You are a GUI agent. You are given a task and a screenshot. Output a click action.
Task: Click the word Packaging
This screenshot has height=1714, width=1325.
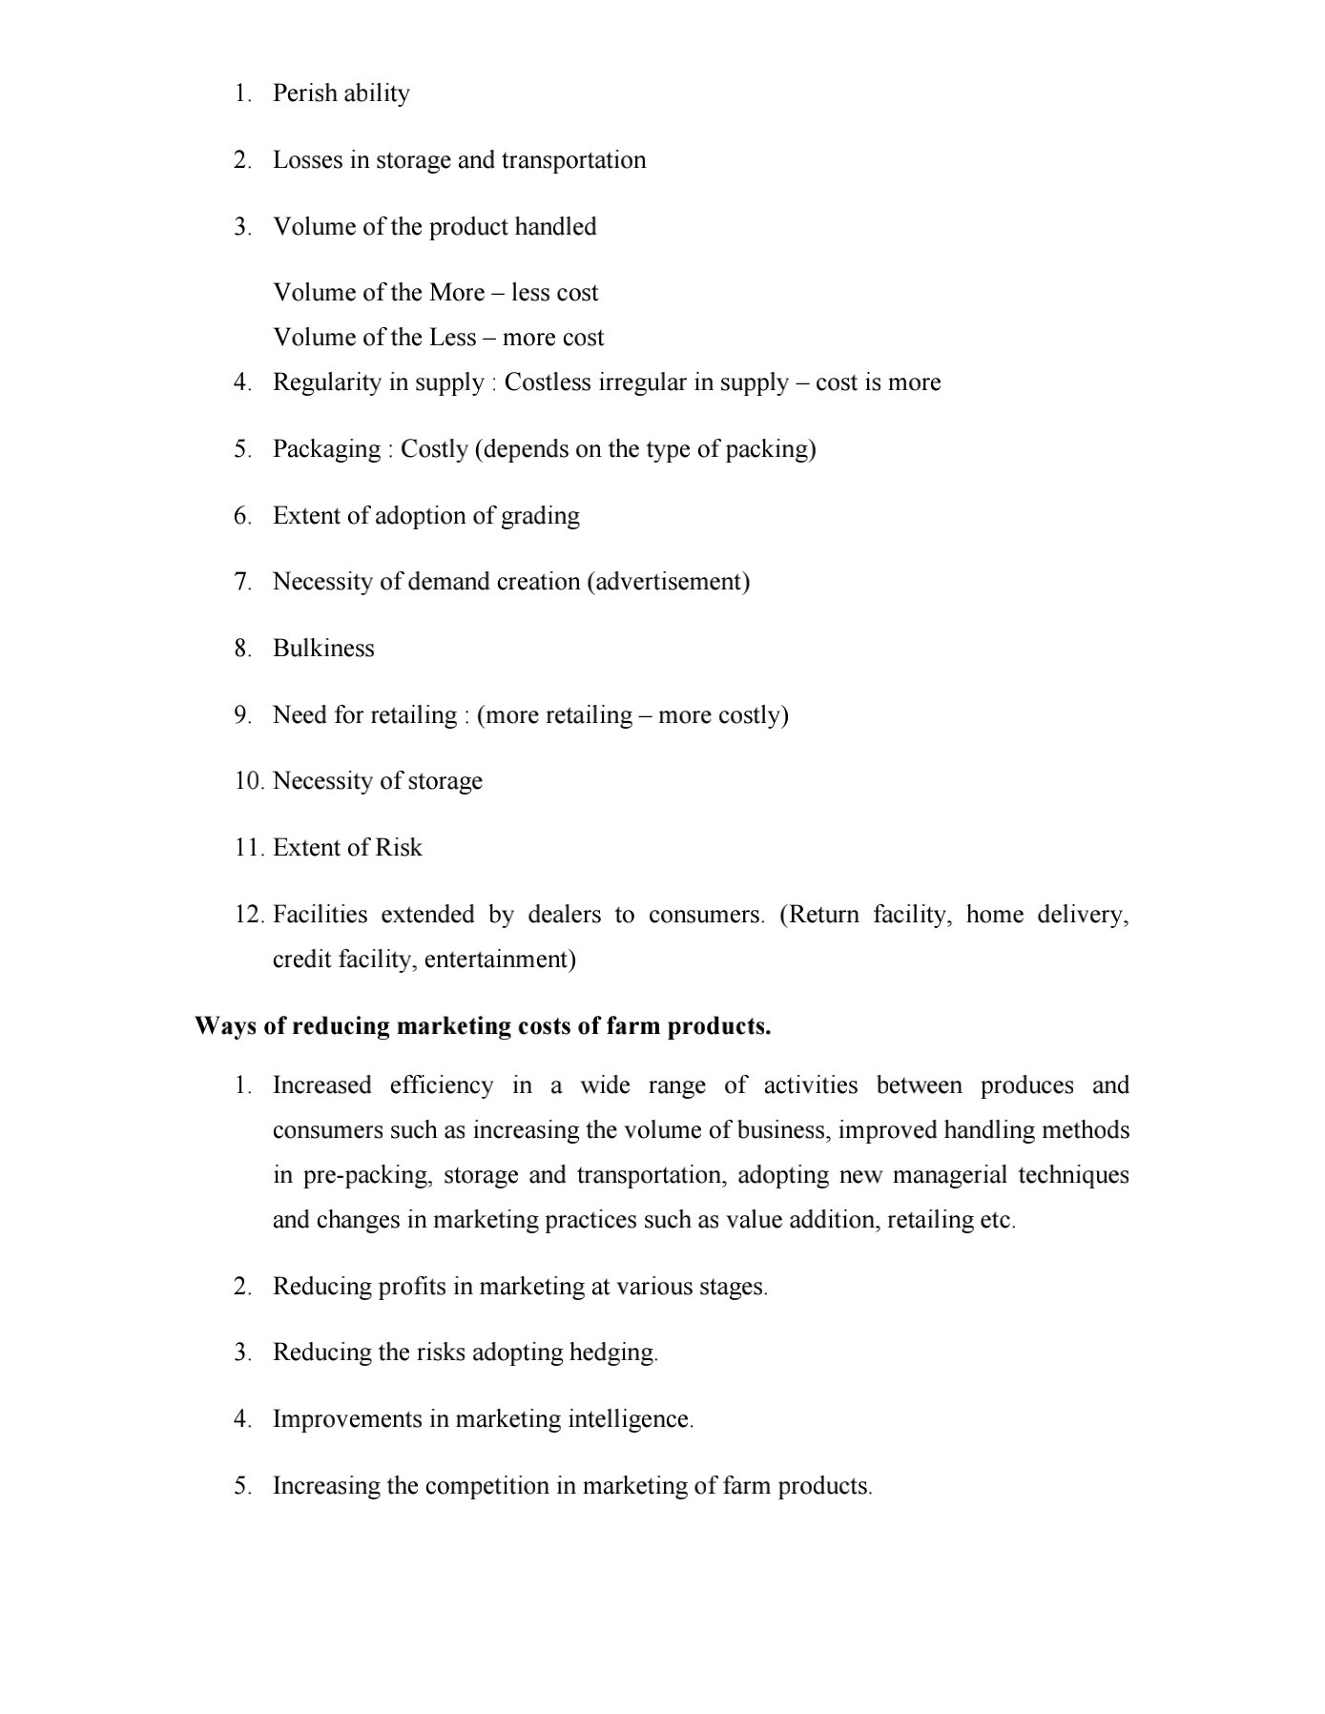[326, 449]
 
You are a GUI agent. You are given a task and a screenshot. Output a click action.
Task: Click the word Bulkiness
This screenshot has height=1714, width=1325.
[323, 649]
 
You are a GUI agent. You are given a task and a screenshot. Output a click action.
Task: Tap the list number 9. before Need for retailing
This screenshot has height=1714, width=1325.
[243, 715]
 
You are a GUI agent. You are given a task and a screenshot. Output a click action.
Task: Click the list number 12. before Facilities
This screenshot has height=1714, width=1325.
[248, 915]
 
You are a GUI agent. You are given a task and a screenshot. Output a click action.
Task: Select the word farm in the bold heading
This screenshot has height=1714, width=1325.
[634, 1026]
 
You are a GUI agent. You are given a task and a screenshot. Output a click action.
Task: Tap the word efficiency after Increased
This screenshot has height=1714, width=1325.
[442, 1085]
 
